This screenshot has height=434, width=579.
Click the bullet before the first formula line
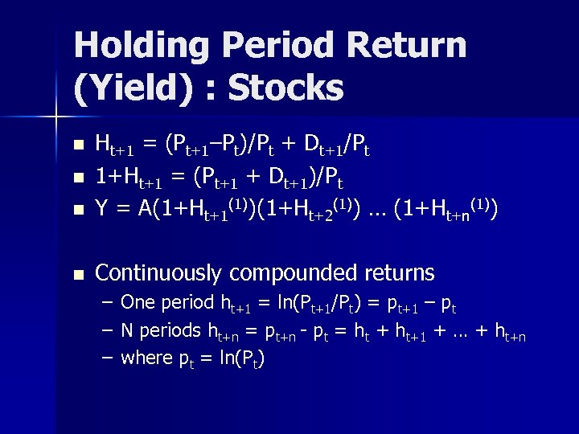coord(77,146)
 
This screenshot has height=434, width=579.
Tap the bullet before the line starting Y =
coord(77,211)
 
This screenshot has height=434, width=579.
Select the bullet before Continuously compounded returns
coord(77,274)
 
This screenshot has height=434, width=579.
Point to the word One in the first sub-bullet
coord(138,304)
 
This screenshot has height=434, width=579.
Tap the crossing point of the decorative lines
coord(55,118)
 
